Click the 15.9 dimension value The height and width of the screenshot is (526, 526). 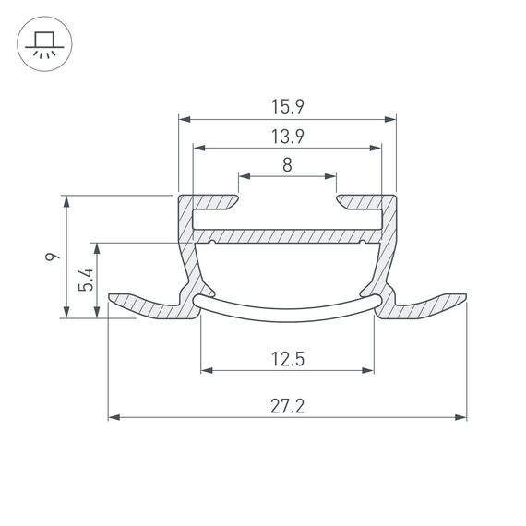[x=287, y=107]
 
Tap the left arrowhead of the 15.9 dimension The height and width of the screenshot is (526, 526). [x=184, y=119]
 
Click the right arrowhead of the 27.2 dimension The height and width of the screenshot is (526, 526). [x=460, y=418]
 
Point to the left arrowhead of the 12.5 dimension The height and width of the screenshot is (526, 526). [x=205, y=371]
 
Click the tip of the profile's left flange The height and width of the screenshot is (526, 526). [x=112, y=299]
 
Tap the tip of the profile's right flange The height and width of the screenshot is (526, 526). [x=463, y=299]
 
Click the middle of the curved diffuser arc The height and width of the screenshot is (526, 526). [x=287, y=312]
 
